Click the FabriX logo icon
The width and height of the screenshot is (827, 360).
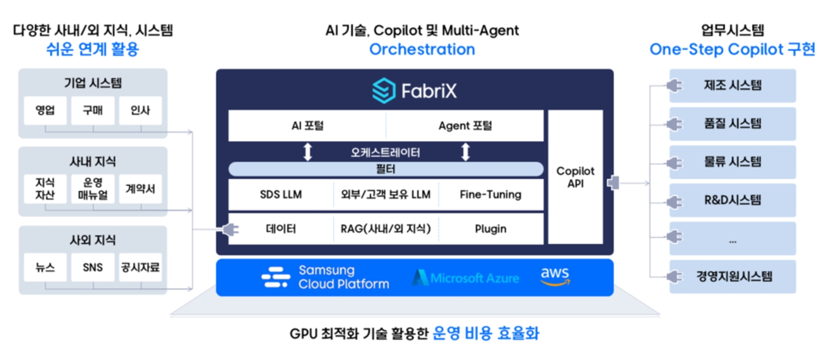point(383,91)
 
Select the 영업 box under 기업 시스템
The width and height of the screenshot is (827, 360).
point(45,110)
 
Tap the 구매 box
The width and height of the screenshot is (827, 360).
point(93,110)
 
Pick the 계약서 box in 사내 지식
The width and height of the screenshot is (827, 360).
point(140,189)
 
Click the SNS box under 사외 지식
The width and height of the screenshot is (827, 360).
point(93,267)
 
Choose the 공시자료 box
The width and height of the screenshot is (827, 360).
point(140,267)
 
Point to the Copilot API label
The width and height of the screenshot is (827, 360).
point(575,177)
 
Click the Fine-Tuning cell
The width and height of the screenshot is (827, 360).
point(490,195)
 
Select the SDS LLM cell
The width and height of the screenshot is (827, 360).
point(281,195)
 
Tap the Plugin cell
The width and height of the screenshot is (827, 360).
point(490,229)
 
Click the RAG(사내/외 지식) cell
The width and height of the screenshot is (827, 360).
point(385,229)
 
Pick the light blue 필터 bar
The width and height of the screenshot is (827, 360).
point(385,169)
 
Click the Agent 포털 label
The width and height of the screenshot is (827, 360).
point(465,126)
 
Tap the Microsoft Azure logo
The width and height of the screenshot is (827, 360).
point(465,277)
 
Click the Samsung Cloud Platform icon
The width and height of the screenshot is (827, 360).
point(276,277)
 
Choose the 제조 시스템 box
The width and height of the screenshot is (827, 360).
point(732,85)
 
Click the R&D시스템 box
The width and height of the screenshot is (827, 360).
point(732,200)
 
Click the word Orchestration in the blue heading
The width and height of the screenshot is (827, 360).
point(422,49)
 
